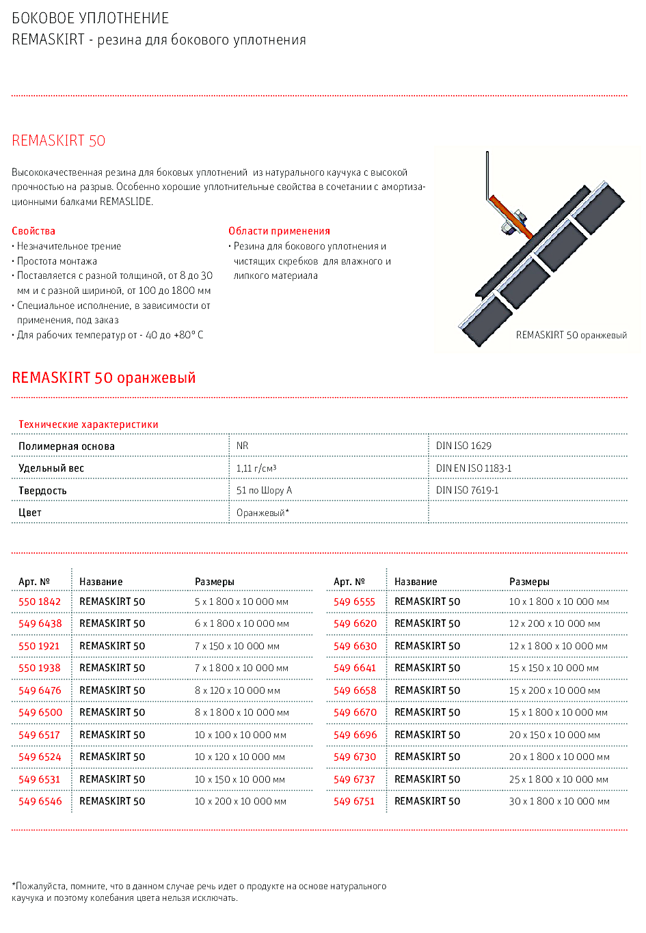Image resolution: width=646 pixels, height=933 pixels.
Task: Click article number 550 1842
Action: pyautogui.click(x=40, y=601)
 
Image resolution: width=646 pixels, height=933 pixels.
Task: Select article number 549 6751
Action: pyautogui.click(x=354, y=801)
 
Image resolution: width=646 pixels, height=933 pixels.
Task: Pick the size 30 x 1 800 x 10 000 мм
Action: pyautogui.click(x=558, y=801)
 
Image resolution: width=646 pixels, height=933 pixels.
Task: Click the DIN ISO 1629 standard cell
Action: pyautogui.click(x=463, y=446)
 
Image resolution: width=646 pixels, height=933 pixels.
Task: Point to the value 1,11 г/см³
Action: pyautogui.click(x=256, y=468)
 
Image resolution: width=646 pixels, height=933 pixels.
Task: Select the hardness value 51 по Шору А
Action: pyautogui.click(x=264, y=490)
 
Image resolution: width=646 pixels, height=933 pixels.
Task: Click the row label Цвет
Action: pyautogui.click(x=30, y=513)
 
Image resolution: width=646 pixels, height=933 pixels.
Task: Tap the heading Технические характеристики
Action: pyautogui.click(x=88, y=424)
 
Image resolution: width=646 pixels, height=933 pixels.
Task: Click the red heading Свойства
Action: pyautogui.click(x=33, y=231)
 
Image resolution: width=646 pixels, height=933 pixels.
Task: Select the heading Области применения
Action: pyautogui.click(x=279, y=231)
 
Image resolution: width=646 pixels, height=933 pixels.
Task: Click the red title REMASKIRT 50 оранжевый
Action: pyautogui.click(x=104, y=378)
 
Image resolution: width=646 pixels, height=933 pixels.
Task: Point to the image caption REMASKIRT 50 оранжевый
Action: pyautogui.click(x=571, y=335)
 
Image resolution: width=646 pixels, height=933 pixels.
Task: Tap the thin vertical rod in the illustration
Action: pyautogui.click(x=487, y=174)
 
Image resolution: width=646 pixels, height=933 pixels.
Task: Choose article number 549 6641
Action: pyautogui.click(x=355, y=668)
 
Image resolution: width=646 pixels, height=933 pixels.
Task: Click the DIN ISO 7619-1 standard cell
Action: pyautogui.click(x=467, y=490)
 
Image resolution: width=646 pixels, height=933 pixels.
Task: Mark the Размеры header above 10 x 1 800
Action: pyautogui.click(x=529, y=582)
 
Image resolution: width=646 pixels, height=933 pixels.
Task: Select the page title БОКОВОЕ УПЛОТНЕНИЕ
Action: pyautogui.click(x=90, y=18)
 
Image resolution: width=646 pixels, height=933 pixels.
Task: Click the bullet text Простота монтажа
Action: pyautogui.click(x=57, y=261)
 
